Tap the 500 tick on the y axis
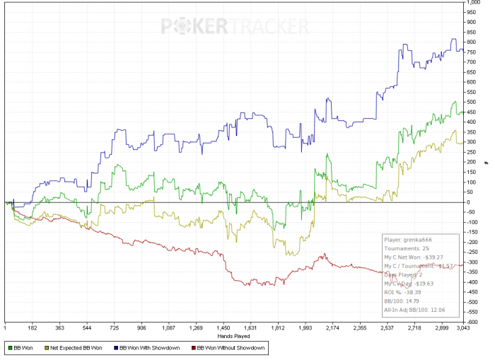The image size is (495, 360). pyautogui.click(x=472, y=102)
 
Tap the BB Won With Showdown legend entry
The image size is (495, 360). pyautogui.click(x=149, y=348)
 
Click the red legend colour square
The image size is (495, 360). pyautogui.click(x=192, y=348)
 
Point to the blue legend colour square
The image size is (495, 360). pyautogui.click(x=115, y=348)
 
